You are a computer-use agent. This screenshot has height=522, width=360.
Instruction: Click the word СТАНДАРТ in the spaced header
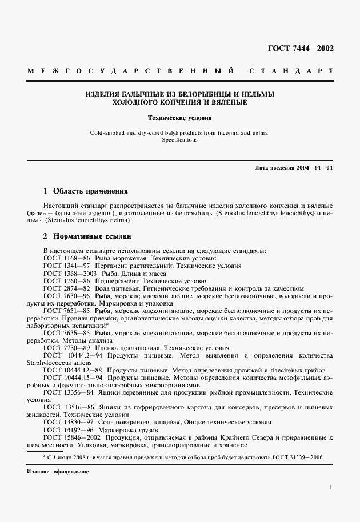(292, 72)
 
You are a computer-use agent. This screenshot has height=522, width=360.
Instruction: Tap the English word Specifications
(180, 139)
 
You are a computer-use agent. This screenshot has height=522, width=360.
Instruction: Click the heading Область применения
(90, 191)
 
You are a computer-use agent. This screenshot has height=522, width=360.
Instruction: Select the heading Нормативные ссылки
(92, 235)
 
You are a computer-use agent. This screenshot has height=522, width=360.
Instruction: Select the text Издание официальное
(57, 473)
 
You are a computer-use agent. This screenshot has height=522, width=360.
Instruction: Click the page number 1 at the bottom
(331, 487)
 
